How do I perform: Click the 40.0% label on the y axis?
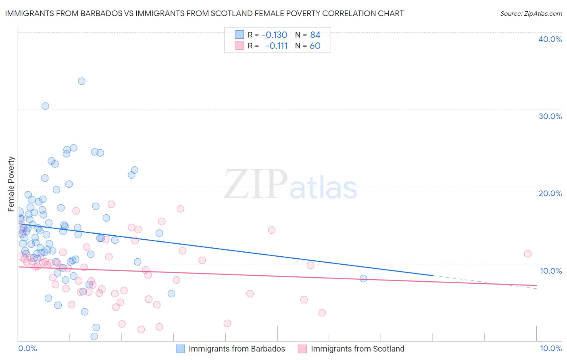point(550,39)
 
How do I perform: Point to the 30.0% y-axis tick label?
point(550,116)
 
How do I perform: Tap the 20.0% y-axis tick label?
point(550,193)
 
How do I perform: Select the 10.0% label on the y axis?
point(550,270)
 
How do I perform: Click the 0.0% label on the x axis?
point(27,348)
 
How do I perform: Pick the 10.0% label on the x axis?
point(550,348)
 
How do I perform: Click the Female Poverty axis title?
point(11,184)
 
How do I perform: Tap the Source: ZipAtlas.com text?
point(531,13)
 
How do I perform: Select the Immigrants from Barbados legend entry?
point(237,349)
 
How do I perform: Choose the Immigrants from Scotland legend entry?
point(357,349)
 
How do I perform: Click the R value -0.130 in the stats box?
point(274,35)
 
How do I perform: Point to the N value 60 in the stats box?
point(315,46)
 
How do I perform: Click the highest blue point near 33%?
point(81,81)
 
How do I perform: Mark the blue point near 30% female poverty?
point(45,106)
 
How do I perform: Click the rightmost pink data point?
point(527,253)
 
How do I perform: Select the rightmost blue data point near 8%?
point(363,278)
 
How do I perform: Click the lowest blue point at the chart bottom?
point(94,336)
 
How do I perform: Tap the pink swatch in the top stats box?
point(239,46)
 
